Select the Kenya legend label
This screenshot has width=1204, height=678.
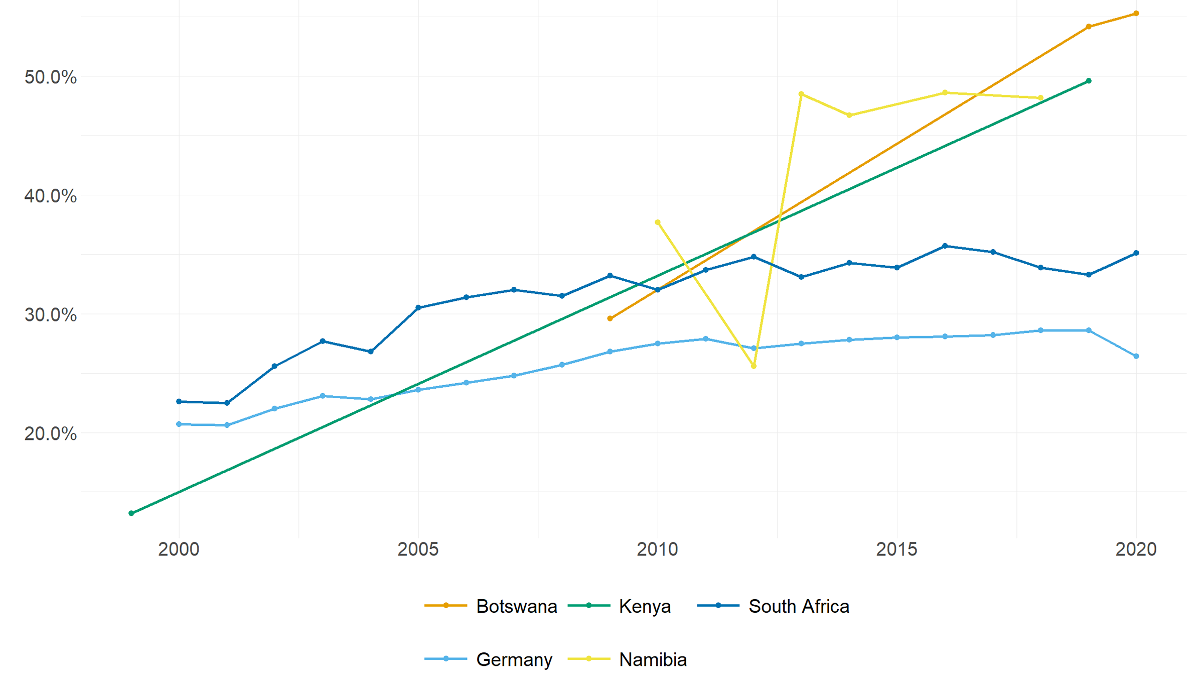[x=644, y=606]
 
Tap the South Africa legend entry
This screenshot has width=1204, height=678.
[x=798, y=606]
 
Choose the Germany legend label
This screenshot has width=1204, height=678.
[x=514, y=659]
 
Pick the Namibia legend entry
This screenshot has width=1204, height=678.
[x=652, y=659]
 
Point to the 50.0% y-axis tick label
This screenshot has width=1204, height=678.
[x=50, y=77]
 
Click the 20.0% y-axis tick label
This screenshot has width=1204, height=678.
[x=50, y=433]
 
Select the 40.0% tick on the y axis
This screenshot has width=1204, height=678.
[x=50, y=196]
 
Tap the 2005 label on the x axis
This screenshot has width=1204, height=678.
[x=418, y=549]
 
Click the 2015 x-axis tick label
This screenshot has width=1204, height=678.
[x=896, y=549]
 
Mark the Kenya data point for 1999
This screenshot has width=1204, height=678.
[x=131, y=513]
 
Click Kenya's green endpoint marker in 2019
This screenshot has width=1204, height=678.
[x=1089, y=81]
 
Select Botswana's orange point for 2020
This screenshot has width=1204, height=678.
[x=1136, y=14]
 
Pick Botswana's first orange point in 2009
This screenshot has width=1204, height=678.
[x=610, y=318]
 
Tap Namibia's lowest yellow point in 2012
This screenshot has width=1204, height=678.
[x=754, y=366]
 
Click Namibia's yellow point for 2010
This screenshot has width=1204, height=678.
[x=658, y=222]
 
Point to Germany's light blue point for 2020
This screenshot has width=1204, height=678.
[x=1136, y=356]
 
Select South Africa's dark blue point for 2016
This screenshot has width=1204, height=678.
[x=945, y=246]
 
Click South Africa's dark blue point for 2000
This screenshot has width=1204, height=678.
[x=179, y=402]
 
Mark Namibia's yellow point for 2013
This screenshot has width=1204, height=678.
[x=801, y=94]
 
